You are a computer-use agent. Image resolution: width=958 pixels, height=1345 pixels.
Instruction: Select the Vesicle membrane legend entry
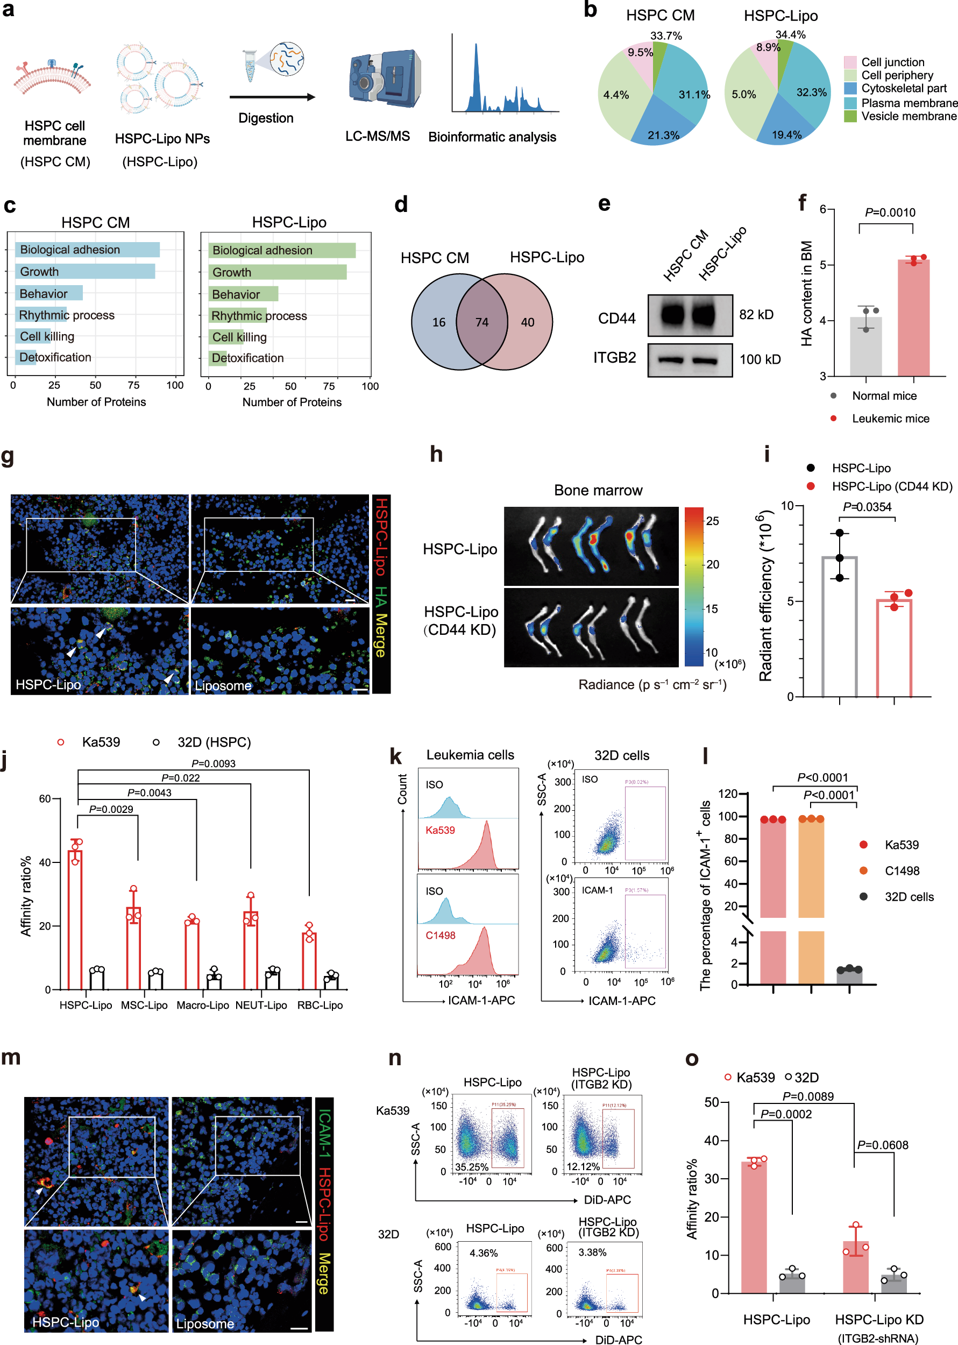908,116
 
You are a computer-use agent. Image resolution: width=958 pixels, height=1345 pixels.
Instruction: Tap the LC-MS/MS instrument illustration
384,80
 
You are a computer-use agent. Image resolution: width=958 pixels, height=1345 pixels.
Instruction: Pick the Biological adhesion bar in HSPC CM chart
87,250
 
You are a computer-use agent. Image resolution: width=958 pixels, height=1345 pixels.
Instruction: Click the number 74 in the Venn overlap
482,322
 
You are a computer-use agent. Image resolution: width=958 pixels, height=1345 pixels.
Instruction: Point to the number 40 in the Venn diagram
527,322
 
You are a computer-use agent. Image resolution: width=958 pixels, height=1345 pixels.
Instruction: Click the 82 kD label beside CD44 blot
756,314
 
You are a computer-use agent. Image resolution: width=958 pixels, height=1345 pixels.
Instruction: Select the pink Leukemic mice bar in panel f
913,318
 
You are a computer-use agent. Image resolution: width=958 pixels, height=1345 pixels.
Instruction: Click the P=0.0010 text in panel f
890,213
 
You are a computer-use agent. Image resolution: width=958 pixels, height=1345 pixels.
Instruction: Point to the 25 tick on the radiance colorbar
713,521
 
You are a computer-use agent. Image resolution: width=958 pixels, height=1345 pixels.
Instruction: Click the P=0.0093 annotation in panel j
213,763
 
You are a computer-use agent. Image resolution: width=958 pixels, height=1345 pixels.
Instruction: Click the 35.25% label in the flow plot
471,1167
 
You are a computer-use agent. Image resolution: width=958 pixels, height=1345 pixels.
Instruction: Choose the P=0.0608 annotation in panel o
883,1145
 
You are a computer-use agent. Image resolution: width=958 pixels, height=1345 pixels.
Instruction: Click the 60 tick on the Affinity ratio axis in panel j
45,799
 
